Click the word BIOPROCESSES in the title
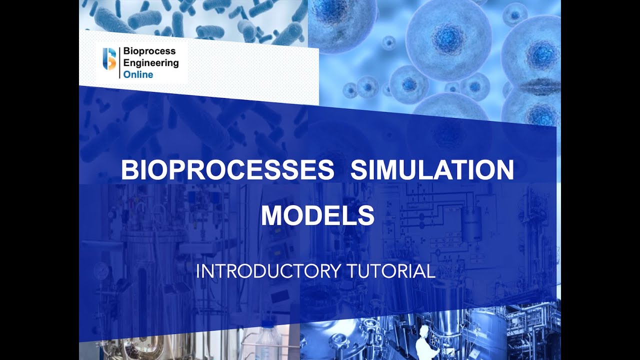tap(227, 170)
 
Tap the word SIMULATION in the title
tap(432, 170)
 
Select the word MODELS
tap(317, 215)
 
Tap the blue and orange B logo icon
tap(109, 59)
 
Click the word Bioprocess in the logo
tap(149, 51)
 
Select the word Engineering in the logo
tap(151, 63)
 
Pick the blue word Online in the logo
tap(138, 74)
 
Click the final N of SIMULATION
tap(504, 170)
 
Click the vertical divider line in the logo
tap(119, 63)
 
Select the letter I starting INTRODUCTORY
tap(197, 271)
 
